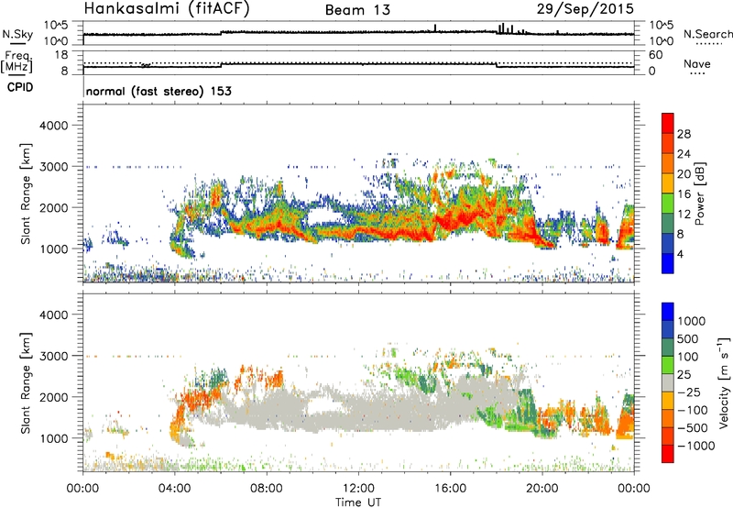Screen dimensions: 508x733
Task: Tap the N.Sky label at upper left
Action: (16, 34)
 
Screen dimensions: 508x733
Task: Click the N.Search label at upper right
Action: (708, 34)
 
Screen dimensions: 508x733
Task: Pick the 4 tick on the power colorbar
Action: (680, 252)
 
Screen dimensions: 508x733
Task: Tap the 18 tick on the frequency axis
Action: (63, 55)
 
